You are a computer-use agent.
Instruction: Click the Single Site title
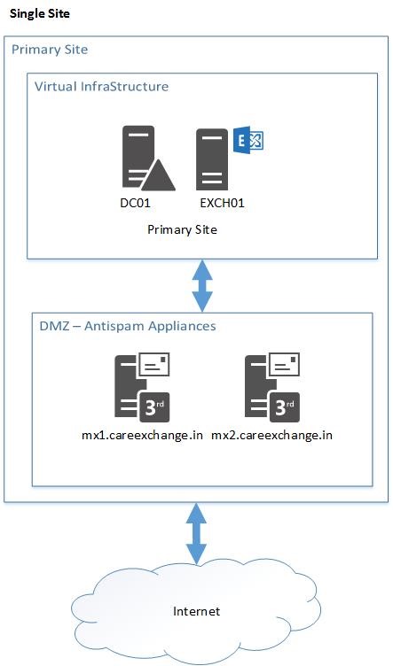tap(40, 13)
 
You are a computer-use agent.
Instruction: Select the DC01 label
tap(135, 203)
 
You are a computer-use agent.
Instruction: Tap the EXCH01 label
tap(223, 203)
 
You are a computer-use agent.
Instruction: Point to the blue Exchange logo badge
tap(248, 141)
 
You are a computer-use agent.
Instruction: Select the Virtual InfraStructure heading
tap(101, 87)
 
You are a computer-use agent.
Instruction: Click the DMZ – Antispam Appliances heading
tap(128, 326)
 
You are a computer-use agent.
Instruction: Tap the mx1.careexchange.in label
tap(142, 436)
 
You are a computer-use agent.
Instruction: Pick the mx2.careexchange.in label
tap(271, 436)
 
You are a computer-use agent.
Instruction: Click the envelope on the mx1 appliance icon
tap(153, 364)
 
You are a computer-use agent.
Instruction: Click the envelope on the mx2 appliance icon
tap(284, 364)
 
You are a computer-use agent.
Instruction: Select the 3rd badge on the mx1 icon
tap(154, 407)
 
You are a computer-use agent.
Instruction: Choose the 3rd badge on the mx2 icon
tap(285, 407)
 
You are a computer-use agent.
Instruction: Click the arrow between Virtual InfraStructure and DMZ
tap(202, 286)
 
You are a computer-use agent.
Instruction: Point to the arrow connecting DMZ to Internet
tap(196, 534)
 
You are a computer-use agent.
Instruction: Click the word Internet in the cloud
tap(197, 612)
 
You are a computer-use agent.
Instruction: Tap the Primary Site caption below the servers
tap(182, 229)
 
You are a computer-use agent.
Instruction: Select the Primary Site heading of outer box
tap(50, 50)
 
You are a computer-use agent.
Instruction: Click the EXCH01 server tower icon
tap(212, 159)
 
